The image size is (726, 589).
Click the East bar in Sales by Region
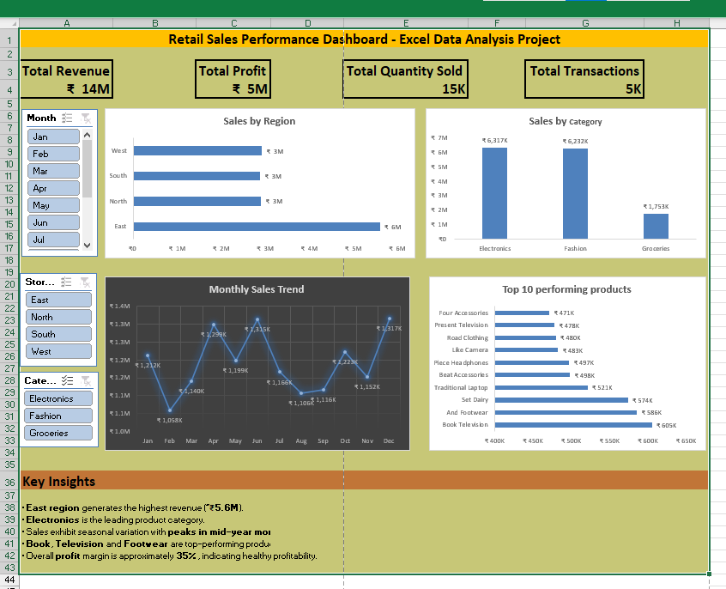257,227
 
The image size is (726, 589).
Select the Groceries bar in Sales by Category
656,226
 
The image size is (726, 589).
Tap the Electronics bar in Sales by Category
494,193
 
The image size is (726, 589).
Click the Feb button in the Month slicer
54,154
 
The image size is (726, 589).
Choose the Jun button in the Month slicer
54,222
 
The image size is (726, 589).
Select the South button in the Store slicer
59,334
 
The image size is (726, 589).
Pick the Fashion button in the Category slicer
59,416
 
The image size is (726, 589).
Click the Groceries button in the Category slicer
59,433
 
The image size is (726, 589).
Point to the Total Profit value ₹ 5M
250,89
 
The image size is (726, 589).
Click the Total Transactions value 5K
633,89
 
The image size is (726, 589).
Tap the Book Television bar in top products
574,425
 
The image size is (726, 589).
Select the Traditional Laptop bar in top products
541,387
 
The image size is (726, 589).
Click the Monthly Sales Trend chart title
257,289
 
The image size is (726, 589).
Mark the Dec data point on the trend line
389,319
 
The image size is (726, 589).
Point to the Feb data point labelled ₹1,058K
169,411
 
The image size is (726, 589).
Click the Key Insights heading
59,482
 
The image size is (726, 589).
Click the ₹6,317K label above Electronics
494,140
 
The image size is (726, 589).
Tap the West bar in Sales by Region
197,150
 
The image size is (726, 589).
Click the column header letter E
406,22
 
